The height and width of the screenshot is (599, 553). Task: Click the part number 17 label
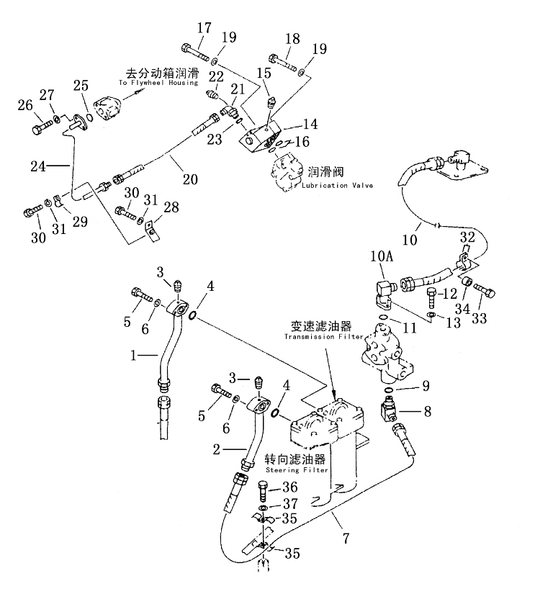click(204, 28)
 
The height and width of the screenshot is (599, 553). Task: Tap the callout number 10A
click(381, 256)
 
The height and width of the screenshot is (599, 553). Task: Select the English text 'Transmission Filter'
click(324, 337)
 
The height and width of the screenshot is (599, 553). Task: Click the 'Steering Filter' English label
click(297, 470)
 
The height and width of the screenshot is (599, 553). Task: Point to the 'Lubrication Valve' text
click(338, 186)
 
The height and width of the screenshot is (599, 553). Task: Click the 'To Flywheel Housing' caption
click(158, 83)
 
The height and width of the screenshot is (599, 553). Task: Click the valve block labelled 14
click(260, 135)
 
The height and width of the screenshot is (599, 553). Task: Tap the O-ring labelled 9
click(387, 389)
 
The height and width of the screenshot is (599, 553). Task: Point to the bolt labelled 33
click(484, 289)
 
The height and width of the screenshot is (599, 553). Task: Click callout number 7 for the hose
click(346, 539)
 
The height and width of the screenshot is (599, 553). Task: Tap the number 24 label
click(38, 166)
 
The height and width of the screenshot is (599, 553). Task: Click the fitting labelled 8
click(389, 409)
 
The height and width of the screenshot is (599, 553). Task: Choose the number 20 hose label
click(190, 179)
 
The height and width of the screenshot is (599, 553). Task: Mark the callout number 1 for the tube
click(133, 356)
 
